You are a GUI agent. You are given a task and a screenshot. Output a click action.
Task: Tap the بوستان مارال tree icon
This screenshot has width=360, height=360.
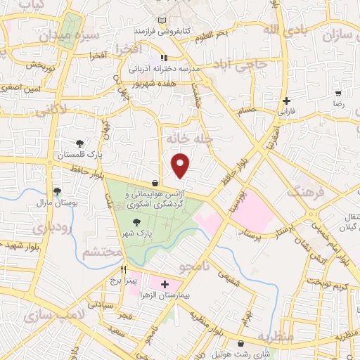[57, 191]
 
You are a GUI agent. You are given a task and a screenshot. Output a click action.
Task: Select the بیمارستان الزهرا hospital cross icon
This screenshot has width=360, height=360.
[165, 285]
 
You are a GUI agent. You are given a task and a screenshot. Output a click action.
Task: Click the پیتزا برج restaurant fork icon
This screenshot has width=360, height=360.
[123, 269]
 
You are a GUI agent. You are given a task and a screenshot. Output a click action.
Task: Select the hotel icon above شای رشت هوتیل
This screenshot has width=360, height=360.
[243, 343]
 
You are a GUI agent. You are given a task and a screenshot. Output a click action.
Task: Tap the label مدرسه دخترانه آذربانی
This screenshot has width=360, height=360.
[164, 70]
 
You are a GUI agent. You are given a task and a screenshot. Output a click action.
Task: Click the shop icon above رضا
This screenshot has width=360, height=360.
[337, 94]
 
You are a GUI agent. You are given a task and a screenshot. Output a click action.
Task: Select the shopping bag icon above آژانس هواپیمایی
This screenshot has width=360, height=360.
[154, 183]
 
